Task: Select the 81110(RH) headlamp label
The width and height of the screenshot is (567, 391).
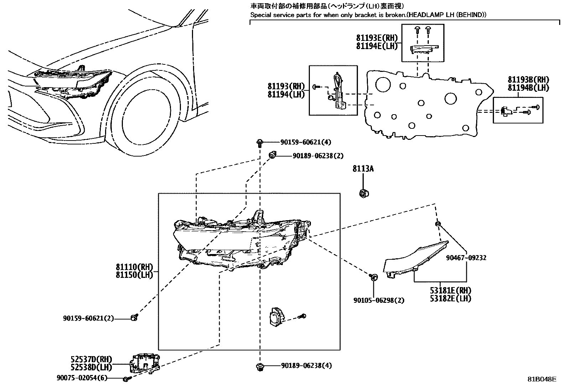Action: coord(134,267)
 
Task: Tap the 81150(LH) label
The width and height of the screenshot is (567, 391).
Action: coord(134,275)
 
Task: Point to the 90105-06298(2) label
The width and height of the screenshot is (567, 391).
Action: coord(379,300)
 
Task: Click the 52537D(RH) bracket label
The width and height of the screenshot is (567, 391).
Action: coord(91,359)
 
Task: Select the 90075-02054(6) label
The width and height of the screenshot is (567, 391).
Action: coord(82,378)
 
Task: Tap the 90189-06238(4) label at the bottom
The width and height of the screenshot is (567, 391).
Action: coord(306,365)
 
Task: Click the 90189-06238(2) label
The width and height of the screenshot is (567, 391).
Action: coord(318,155)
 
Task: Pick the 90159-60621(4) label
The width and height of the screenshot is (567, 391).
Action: coord(305,142)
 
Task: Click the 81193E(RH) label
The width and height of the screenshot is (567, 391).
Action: coord(377,38)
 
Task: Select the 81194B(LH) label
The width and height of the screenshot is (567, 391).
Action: coord(528,88)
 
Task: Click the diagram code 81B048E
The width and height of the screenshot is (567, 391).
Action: coord(541,379)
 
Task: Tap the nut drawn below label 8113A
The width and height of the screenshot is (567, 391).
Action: coord(363,194)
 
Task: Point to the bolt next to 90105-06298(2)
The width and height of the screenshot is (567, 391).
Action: coord(373,277)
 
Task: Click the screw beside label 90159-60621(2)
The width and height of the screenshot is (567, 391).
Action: coord(135,317)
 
